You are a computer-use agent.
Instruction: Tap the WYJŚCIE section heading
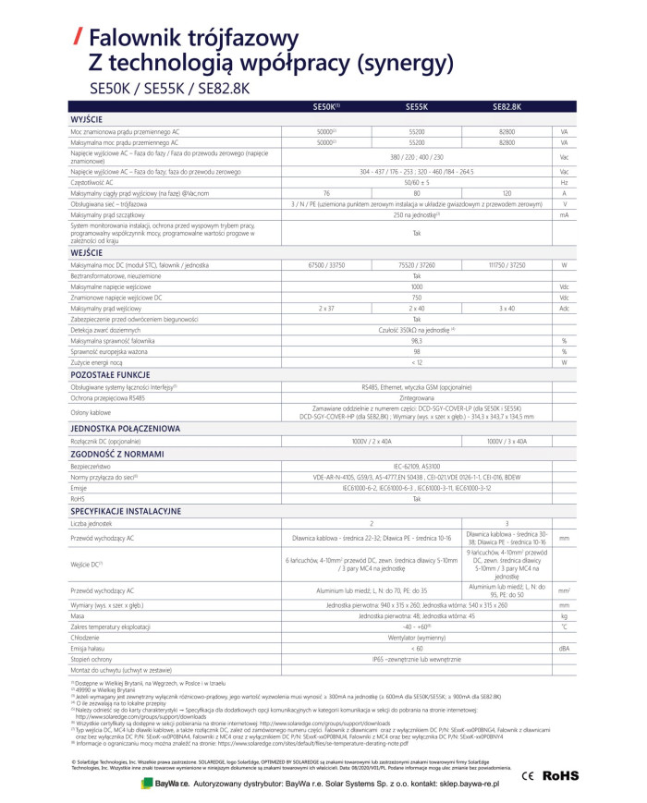tap(87, 119)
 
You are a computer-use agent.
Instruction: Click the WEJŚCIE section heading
tap(86, 252)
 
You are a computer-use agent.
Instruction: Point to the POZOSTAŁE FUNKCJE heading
tap(109, 376)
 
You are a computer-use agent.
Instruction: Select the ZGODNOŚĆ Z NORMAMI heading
tap(115, 455)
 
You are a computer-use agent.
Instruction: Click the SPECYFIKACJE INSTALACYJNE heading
tap(126, 510)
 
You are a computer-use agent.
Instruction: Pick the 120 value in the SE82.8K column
tap(507, 193)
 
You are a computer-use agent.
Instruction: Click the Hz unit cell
tap(563, 183)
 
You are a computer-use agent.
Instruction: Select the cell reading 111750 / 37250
tap(507, 265)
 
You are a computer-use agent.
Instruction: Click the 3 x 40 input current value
tap(507, 307)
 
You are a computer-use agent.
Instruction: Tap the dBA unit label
tap(563, 648)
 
